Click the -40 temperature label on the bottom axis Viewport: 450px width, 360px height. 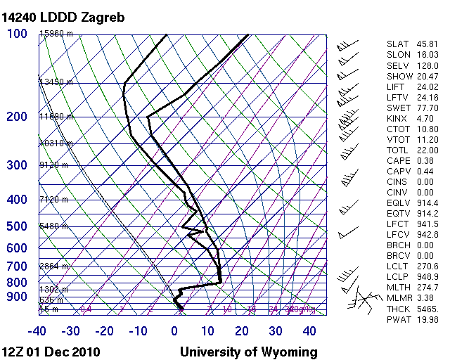(x=37, y=330)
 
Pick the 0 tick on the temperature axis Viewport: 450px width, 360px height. (x=174, y=330)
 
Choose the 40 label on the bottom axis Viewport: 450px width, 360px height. (x=309, y=330)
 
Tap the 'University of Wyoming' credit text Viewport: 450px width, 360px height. (x=249, y=352)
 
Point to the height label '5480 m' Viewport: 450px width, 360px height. (x=54, y=226)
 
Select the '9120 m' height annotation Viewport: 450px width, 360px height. (x=54, y=165)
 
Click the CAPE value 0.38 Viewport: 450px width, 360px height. (x=426, y=161)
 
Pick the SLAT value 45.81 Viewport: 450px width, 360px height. (x=427, y=45)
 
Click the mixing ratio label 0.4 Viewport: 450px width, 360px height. (x=86, y=309)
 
